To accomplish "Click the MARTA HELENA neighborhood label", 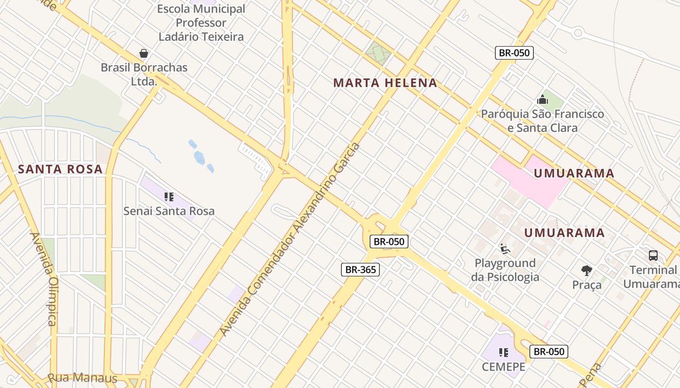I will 385,83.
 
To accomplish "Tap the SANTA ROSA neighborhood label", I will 60,169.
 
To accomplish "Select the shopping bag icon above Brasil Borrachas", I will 144,53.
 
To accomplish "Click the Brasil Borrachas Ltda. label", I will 144,74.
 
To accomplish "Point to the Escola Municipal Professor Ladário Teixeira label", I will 201,23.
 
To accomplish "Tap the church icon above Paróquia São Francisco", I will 543,100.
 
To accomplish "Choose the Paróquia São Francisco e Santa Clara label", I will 543,121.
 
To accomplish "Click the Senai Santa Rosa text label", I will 169,211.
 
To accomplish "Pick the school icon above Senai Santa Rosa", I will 169,197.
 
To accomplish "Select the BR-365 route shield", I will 360,270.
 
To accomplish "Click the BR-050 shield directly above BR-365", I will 389,242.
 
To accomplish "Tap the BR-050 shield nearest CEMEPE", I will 549,352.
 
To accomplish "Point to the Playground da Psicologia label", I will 505,270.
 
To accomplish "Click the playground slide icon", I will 505,249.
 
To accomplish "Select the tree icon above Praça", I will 587,271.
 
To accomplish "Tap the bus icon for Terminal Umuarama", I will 653,255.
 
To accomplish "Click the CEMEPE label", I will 504,367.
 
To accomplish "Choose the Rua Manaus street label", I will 83,378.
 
